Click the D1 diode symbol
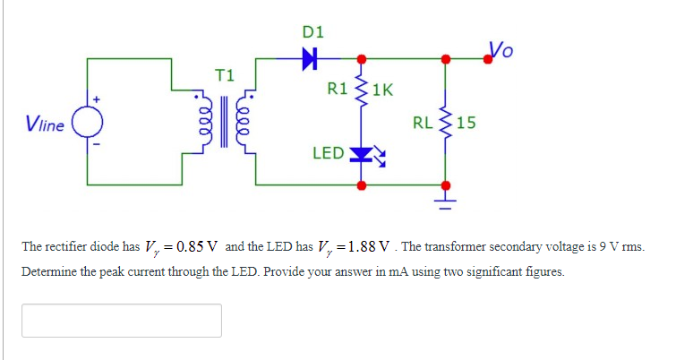[x=310, y=60]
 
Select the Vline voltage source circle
[x=88, y=123]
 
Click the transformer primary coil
[x=204, y=123]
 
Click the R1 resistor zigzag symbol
[x=362, y=89]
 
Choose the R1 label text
[x=338, y=89]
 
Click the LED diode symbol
[x=362, y=153]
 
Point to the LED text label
[x=327, y=153]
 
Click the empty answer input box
[x=121, y=321]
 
